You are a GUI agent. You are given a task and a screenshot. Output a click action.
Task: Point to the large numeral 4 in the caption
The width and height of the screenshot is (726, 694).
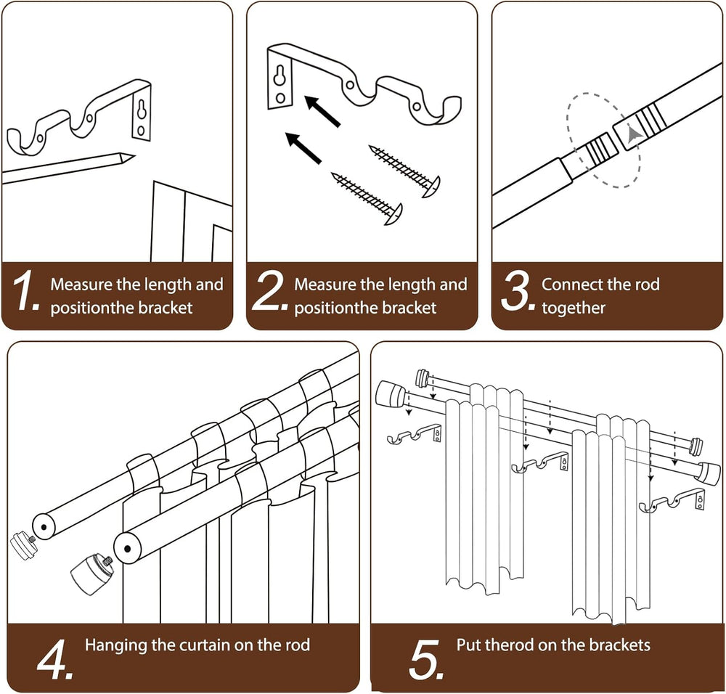click(54, 659)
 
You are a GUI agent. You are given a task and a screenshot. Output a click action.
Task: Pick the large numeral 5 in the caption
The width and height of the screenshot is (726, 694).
click(426, 659)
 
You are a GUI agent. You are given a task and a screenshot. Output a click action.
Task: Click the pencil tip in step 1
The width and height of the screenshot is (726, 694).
click(129, 158)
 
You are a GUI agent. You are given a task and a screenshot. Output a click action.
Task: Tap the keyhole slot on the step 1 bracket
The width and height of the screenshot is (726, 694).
click(142, 110)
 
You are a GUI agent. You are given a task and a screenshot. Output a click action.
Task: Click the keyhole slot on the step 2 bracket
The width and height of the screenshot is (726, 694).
click(280, 75)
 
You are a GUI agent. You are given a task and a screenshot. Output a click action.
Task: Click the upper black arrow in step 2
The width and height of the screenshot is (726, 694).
click(322, 110)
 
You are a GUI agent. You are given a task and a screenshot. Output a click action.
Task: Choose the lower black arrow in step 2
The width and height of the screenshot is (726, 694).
click(303, 147)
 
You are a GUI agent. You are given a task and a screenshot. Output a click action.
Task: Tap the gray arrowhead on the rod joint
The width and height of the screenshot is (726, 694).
click(633, 135)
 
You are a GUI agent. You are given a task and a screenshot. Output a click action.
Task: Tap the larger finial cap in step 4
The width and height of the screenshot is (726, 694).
click(93, 574)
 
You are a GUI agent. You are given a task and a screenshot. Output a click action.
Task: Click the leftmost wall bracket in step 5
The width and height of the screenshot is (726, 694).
click(415, 434)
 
